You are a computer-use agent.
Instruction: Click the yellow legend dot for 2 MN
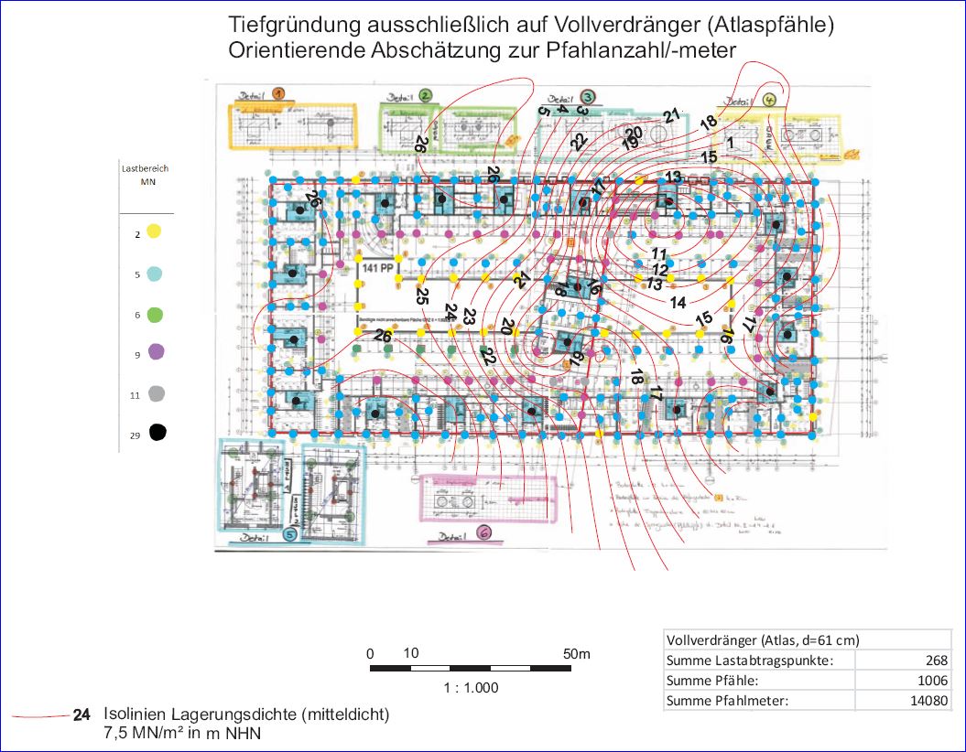[155, 233]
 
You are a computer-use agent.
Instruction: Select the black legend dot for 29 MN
[157, 433]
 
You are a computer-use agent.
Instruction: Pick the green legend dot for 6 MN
[156, 315]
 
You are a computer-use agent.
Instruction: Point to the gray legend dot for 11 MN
[157, 393]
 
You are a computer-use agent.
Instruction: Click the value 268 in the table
[936, 661]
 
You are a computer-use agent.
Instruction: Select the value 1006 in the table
[932, 681]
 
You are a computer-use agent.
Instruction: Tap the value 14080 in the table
[929, 701]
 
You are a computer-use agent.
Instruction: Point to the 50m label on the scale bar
[577, 654]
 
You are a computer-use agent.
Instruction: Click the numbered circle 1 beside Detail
[279, 92]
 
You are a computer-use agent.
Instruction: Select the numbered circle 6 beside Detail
[483, 532]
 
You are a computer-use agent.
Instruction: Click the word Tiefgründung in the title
[285, 26]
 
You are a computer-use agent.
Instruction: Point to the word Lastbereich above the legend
[145, 169]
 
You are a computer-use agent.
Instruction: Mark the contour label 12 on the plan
[659, 270]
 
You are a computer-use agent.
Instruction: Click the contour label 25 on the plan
[422, 295]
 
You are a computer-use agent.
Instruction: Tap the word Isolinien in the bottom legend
[132, 714]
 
